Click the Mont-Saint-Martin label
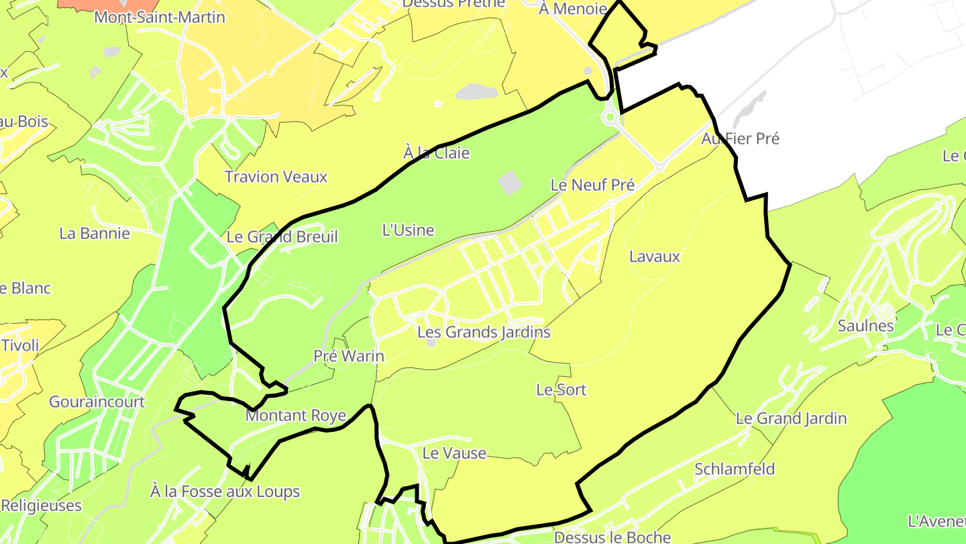pyautogui.click(x=160, y=17)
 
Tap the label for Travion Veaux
pyautogui.click(x=276, y=177)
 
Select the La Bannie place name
pyautogui.click(x=95, y=234)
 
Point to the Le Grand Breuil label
pyautogui.click(x=282, y=236)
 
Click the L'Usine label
pyautogui.click(x=408, y=230)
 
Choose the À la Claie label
pyautogui.click(x=437, y=153)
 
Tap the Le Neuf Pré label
pyautogui.click(x=592, y=185)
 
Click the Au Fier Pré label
pyautogui.click(x=741, y=139)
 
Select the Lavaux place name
pyautogui.click(x=655, y=257)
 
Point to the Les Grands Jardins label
pyautogui.click(x=484, y=332)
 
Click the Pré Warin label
pyautogui.click(x=349, y=356)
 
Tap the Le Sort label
pyautogui.click(x=561, y=390)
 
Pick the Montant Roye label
pyautogui.click(x=296, y=416)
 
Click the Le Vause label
pyautogui.click(x=454, y=453)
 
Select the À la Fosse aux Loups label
pyautogui.click(x=225, y=492)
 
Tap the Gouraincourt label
pyautogui.click(x=97, y=402)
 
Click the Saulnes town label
pyautogui.click(x=865, y=326)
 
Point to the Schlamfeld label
pyautogui.click(x=735, y=469)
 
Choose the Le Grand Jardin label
pyautogui.click(x=792, y=418)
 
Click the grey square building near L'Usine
pyautogui.click(x=511, y=183)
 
